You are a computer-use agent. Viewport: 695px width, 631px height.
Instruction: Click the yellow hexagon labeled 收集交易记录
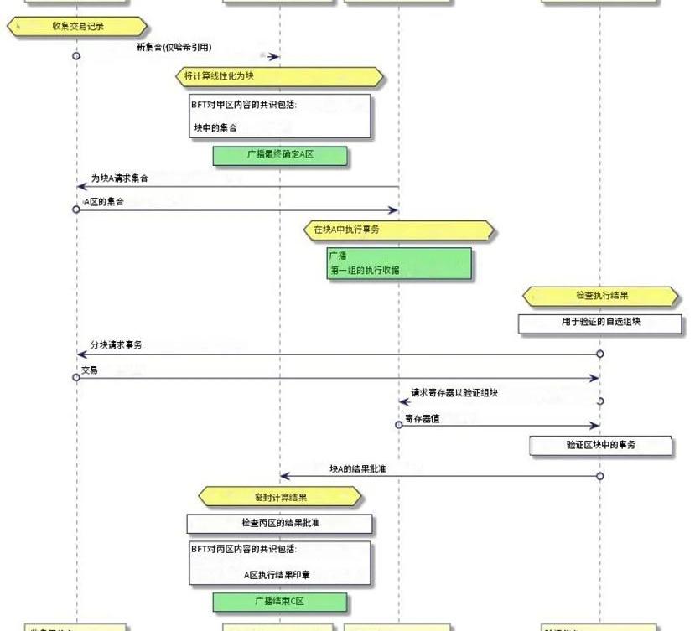77,27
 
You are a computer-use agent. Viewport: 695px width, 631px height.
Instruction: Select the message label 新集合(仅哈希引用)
174,47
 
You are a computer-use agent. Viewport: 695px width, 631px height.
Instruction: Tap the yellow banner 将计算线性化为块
279,77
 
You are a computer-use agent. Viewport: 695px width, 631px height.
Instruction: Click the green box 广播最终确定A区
279,155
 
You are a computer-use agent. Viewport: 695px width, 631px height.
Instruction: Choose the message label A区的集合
103,201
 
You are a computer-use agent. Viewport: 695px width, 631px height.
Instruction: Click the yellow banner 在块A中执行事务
398,230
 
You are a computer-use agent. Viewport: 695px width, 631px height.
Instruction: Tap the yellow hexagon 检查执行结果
600,296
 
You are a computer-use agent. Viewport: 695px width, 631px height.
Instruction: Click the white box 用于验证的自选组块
600,323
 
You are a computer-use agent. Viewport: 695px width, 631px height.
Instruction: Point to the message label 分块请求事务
116,345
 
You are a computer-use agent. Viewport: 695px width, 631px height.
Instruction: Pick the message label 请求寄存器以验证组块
454,393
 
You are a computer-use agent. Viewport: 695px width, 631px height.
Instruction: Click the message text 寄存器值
422,418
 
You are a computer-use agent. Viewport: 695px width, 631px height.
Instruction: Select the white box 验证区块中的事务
600,445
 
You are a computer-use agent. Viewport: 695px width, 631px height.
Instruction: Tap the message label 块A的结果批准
357,468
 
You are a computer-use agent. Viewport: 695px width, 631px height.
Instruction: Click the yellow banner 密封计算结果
279,497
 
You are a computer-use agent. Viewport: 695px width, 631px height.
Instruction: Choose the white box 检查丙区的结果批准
279,523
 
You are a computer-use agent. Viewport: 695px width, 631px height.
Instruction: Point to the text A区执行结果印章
277,574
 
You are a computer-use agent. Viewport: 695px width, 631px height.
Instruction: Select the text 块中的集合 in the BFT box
215,128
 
